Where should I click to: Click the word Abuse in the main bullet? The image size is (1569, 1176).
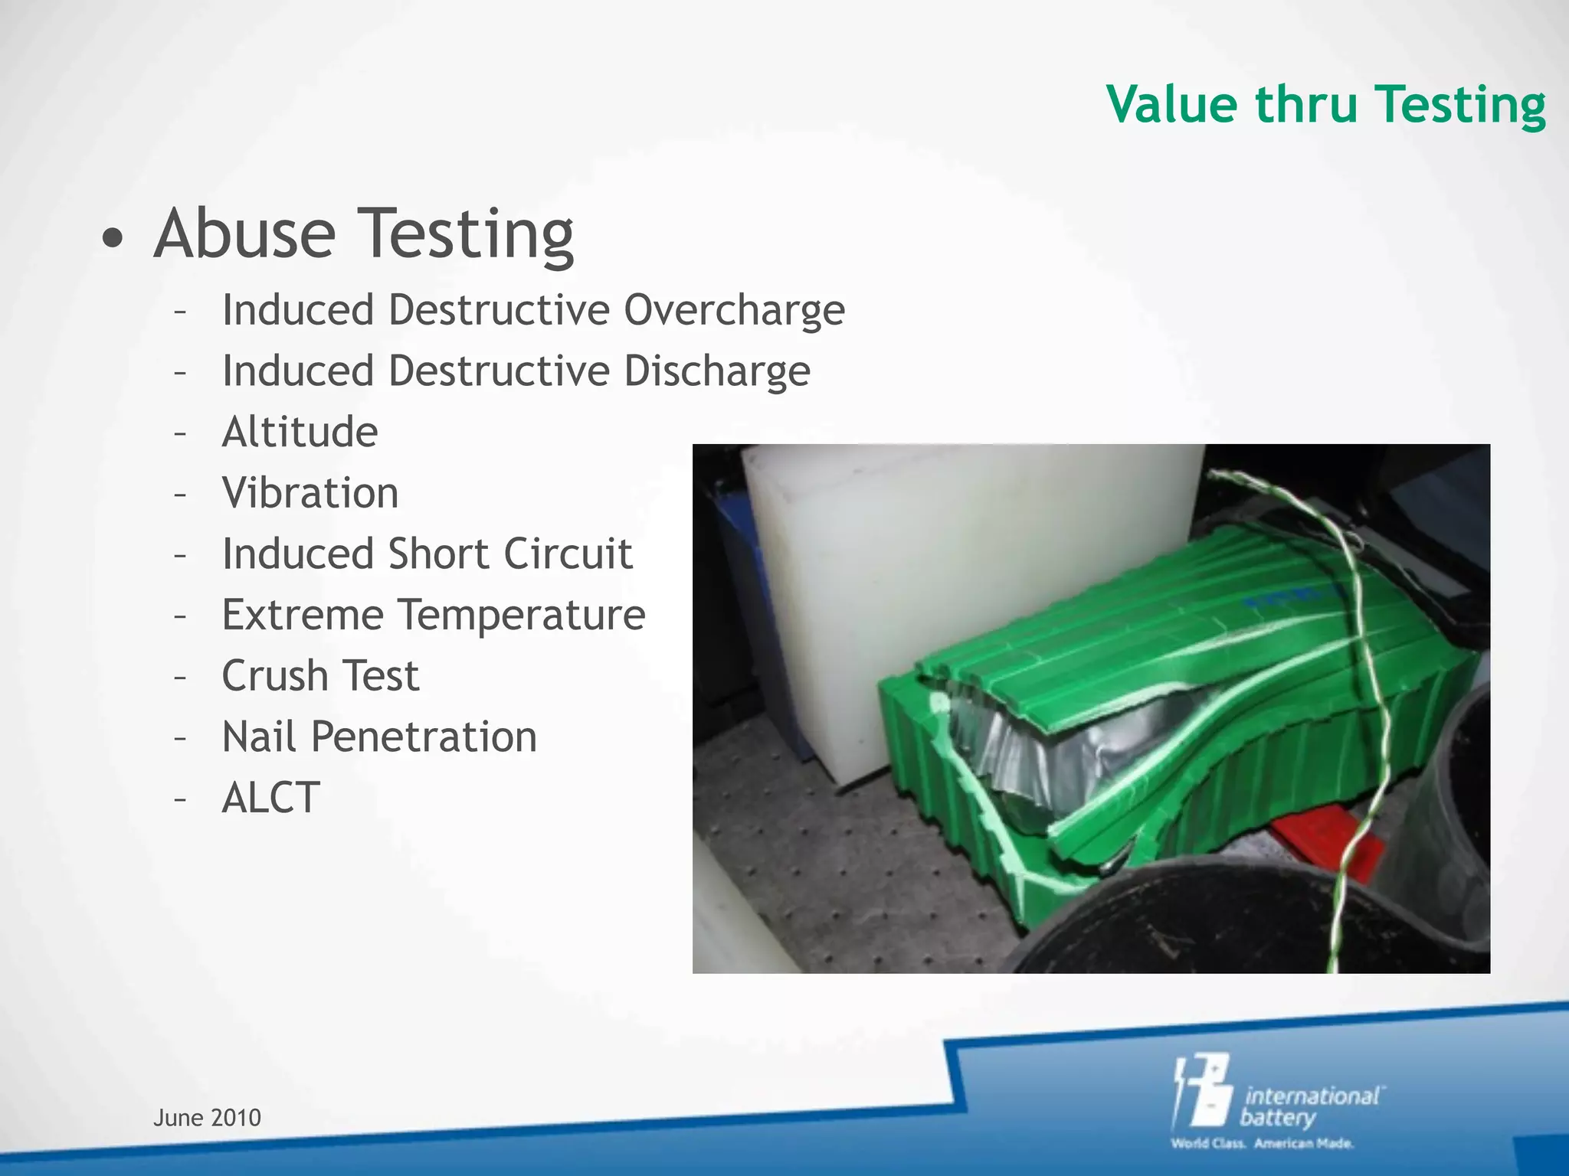click(245, 233)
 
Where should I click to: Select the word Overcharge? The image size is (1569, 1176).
click(734, 311)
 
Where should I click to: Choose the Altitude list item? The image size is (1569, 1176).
click(300, 432)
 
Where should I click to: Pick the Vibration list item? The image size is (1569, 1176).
click(310, 493)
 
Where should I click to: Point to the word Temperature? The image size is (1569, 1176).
click(522, 615)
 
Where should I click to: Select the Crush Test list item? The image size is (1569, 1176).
click(320, 676)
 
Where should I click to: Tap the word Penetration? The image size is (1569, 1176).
click(424, 737)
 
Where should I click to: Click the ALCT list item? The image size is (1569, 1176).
click(270, 798)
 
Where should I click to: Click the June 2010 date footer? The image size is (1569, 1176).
click(207, 1118)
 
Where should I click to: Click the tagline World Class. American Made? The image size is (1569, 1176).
click(1262, 1144)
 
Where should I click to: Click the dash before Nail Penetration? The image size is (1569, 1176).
click(180, 738)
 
